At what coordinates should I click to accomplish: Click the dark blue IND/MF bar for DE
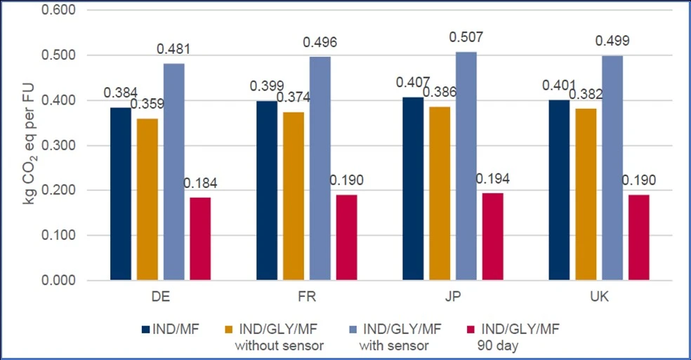tap(120, 194)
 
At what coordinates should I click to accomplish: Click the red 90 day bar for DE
tap(200, 239)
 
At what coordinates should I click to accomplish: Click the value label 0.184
tap(200, 184)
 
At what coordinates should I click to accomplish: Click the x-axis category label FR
tap(307, 297)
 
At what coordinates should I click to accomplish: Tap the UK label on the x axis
tap(599, 297)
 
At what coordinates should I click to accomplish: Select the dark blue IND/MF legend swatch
tap(146, 328)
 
